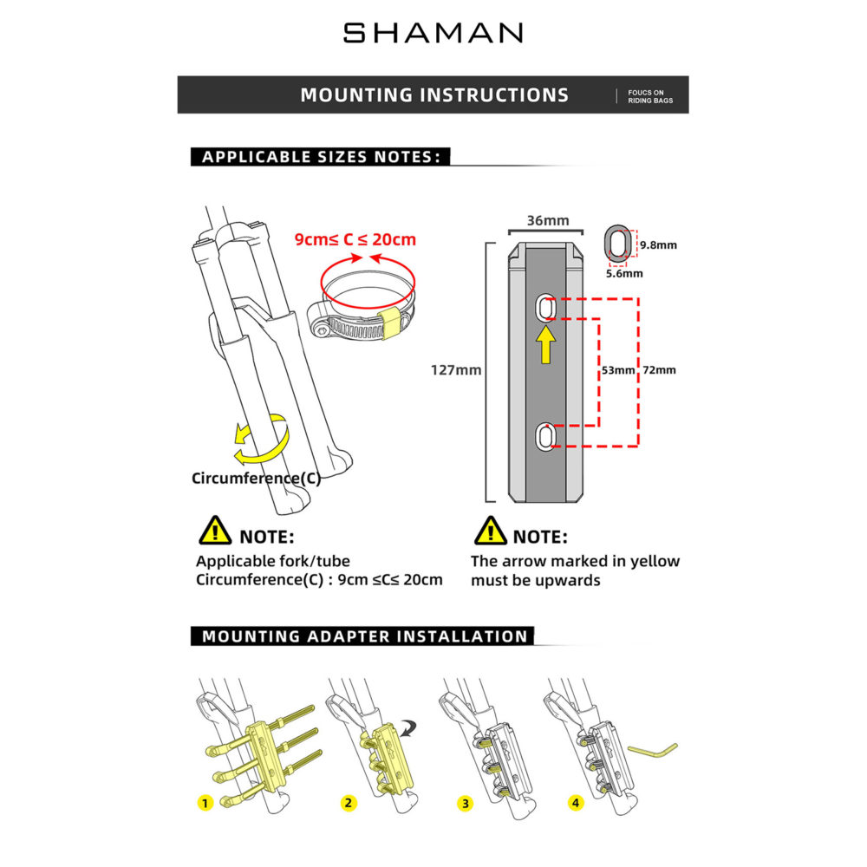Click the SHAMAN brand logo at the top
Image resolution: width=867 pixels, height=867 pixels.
click(433, 33)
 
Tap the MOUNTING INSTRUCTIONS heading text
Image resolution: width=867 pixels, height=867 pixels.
click(434, 95)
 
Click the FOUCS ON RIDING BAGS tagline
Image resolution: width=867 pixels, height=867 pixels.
click(650, 95)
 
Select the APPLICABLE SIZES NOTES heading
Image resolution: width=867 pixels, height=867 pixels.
click(322, 157)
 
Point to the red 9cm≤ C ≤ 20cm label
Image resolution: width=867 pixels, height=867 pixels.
click(355, 239)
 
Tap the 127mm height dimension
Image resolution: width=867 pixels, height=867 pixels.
click(456, 370)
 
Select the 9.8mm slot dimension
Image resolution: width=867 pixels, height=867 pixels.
click(658, 245)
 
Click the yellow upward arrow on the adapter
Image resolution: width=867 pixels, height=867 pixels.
click(545, 344)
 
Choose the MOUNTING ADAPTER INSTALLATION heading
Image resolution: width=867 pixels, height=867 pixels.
click(365, 636)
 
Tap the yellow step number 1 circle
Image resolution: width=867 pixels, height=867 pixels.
click(205, 802)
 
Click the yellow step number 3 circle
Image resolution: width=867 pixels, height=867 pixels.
click(466, 803)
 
